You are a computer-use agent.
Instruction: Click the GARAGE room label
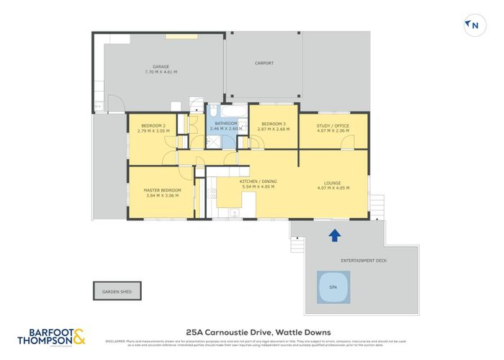[161, 67]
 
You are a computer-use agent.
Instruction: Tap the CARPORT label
[264, 63]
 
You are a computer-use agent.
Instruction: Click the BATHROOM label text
[223, 124]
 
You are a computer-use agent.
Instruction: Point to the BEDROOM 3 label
[273, 124]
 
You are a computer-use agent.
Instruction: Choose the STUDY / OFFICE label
[333, 126]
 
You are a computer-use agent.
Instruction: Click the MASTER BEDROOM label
[163, 190]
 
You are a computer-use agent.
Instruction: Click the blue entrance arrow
[334, 235]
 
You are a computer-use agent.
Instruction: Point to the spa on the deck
[333, 286]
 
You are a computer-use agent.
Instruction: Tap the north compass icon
[472, 25]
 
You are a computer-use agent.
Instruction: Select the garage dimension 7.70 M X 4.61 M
[161, 72]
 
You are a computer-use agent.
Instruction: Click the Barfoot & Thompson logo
[50, 336]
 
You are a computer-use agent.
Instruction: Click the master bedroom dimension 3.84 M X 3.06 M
[163, 196]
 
